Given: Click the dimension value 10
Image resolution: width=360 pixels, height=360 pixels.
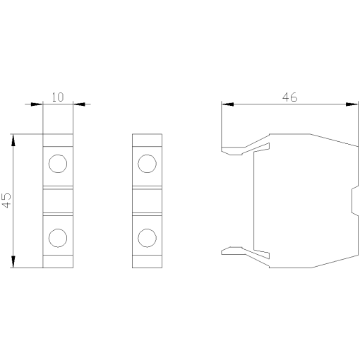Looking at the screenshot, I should point(58,97).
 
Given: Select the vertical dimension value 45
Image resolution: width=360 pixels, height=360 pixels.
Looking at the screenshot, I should point(6,200).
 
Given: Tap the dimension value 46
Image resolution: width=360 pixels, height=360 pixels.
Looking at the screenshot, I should point(289,97).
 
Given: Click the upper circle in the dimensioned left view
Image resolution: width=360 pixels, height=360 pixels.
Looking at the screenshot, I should point(57,164).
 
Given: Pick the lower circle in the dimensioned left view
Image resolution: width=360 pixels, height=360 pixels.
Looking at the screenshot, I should point(57,236).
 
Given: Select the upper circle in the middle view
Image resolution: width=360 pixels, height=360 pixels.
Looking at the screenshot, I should point(147,164).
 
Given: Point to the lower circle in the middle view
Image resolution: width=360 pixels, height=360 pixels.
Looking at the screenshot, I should point(147,236).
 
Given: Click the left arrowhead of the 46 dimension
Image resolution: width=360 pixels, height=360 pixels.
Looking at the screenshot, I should point(227,104).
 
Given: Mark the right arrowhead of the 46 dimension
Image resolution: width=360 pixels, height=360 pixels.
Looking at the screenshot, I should point(352,104).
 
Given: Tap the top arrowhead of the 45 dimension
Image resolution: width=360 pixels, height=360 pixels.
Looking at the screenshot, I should point(13,139).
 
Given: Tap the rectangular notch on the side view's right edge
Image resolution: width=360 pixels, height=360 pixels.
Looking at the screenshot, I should point(354,200).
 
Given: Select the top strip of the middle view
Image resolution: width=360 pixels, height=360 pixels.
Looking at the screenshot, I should point(147,139).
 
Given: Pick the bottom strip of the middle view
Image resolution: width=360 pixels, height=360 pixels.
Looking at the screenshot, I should point(147,263).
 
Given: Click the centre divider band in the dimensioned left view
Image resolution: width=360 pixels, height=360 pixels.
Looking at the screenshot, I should point(57,200).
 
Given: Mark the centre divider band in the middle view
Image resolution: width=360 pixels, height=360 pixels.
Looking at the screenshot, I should point(147,200).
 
